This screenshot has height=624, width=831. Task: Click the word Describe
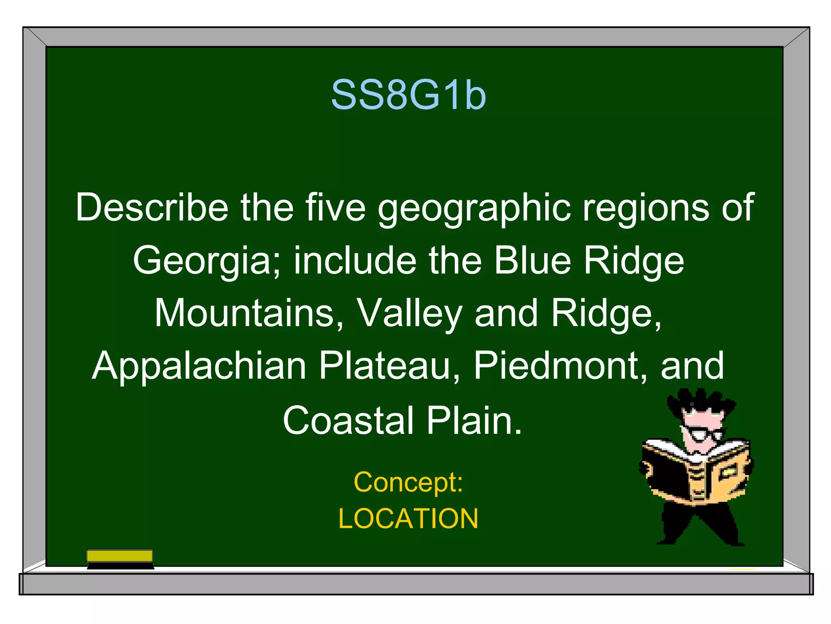click(x=152, y=208)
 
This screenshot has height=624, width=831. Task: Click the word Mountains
click(x=249, y=313)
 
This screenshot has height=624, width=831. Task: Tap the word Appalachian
click(x=199, y=366)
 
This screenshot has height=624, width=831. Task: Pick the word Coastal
click(x=348, y=420)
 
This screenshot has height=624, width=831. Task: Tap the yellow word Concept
click(x=408, y=482)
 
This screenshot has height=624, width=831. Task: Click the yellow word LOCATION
click(x=408, y=519)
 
